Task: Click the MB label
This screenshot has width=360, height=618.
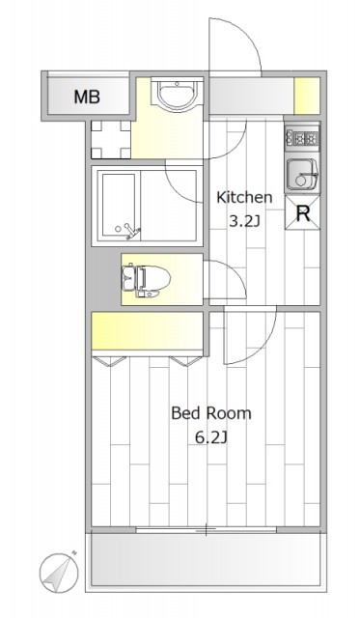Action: coord(87,97)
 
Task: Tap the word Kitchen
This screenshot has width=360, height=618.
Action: coord(244,197)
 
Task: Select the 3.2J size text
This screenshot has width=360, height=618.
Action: coord(244,221)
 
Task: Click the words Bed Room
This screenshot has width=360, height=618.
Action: coord(211,413)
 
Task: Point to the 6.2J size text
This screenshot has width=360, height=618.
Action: coord(211,437)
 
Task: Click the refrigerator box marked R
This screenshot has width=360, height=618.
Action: coord(302,213)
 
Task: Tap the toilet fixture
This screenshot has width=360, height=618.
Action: coord(146,280)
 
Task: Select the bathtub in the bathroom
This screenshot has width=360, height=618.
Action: coord(119,206)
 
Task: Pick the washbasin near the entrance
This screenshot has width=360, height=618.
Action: coord(177,95)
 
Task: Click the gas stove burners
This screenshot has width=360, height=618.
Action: coord(302,138)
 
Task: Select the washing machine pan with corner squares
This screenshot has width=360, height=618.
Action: coord(111,139)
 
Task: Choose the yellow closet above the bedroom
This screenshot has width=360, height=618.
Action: coord(147,330)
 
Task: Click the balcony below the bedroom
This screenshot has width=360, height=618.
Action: coord(206,560)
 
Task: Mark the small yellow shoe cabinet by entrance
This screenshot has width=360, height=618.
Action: coord(307,96)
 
